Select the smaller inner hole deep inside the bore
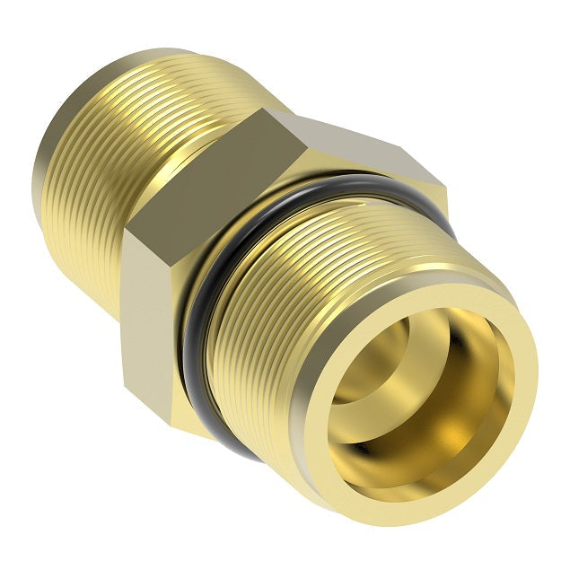click(377, 359)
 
